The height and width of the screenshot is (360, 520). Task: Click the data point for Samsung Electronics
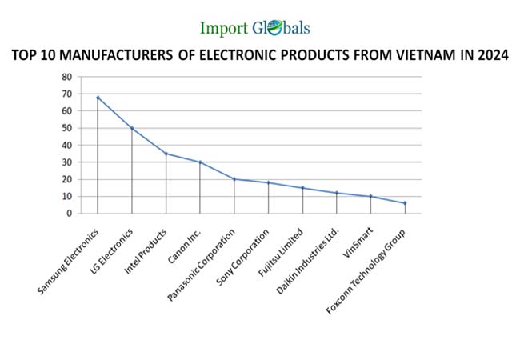[x=98, y=98]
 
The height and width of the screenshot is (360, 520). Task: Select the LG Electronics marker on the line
[x=132, y=128]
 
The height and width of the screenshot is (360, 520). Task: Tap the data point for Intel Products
[x=166, y=154]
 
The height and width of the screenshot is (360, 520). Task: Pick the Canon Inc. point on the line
[x=200, y=162]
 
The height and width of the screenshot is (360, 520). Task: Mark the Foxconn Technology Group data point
[x=405, y=203]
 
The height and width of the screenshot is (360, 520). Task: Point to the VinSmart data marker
[x=370, y=196]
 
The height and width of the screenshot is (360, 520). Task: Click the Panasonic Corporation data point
[x=234, y=179]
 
